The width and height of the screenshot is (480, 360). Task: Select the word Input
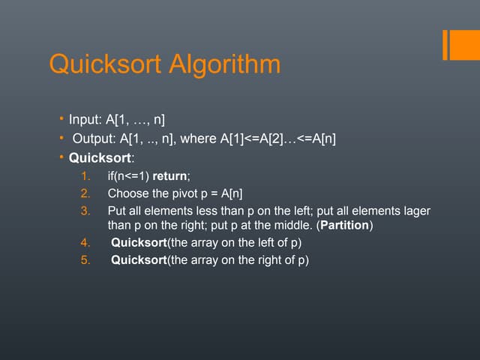point(83,119)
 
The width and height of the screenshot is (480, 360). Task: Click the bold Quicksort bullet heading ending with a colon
point(98,158)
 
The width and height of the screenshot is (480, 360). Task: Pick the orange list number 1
point(85,177)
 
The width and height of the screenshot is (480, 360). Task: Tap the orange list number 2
point(85,193)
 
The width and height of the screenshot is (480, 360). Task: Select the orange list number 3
point(85,211)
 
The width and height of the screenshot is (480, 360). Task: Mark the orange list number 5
point(85,259)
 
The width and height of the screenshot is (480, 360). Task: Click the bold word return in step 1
point(170,177)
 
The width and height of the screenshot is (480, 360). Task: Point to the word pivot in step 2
point(187,193)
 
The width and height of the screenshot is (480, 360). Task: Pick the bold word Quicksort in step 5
point(139,259)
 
